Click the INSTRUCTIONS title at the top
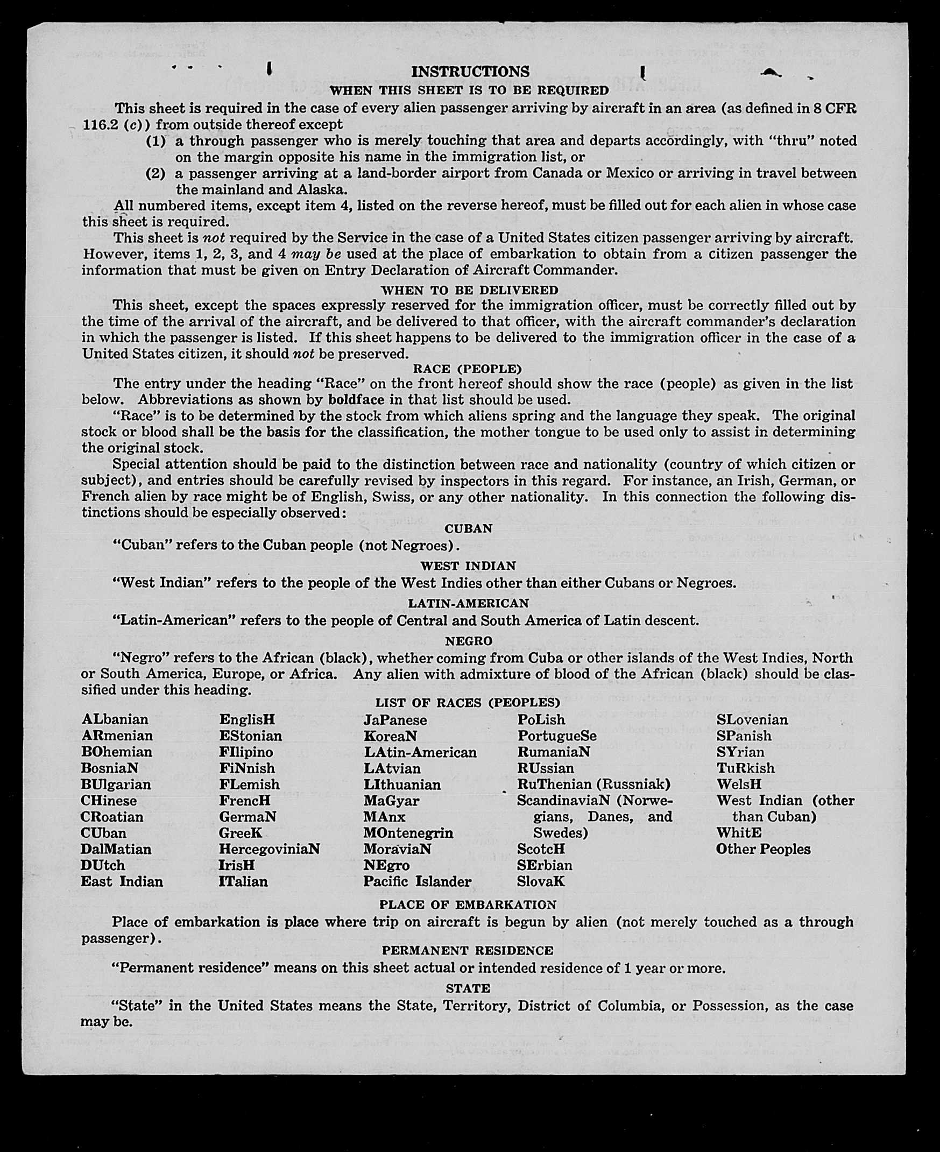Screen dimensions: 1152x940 click(x=470, y=72)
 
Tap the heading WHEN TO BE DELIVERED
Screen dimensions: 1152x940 click(x=469, y=290)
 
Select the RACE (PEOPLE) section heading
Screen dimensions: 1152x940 click(x=467, y=369)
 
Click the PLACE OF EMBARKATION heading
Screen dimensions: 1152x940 click(x=468, y=904)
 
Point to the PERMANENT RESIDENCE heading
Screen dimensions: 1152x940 click(x=468, y=951)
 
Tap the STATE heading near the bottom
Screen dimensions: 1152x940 click(x=468, y=988)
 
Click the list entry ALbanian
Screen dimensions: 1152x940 click(x=115, y=719)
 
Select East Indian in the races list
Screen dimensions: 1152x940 click(x=122, y=881)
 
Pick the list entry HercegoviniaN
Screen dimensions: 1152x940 click(x=269, y=849)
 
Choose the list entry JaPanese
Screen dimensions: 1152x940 click(x=395, y=720)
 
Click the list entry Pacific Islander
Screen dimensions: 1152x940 click(x=417, y=881)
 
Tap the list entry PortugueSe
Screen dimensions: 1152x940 click(x=557, y=736)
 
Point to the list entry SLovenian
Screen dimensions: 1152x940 click(x=752, y=720)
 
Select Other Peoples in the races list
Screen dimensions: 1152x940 click(x=763, y=849)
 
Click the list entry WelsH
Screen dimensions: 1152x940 click(x=739, y=785)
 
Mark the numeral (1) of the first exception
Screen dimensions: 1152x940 click(x=157, y=142)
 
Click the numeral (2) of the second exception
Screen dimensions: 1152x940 click(x=157, y=174)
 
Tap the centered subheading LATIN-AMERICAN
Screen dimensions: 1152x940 click(x=468, y=603)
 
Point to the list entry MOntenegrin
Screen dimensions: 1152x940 click(x=408, y=832)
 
